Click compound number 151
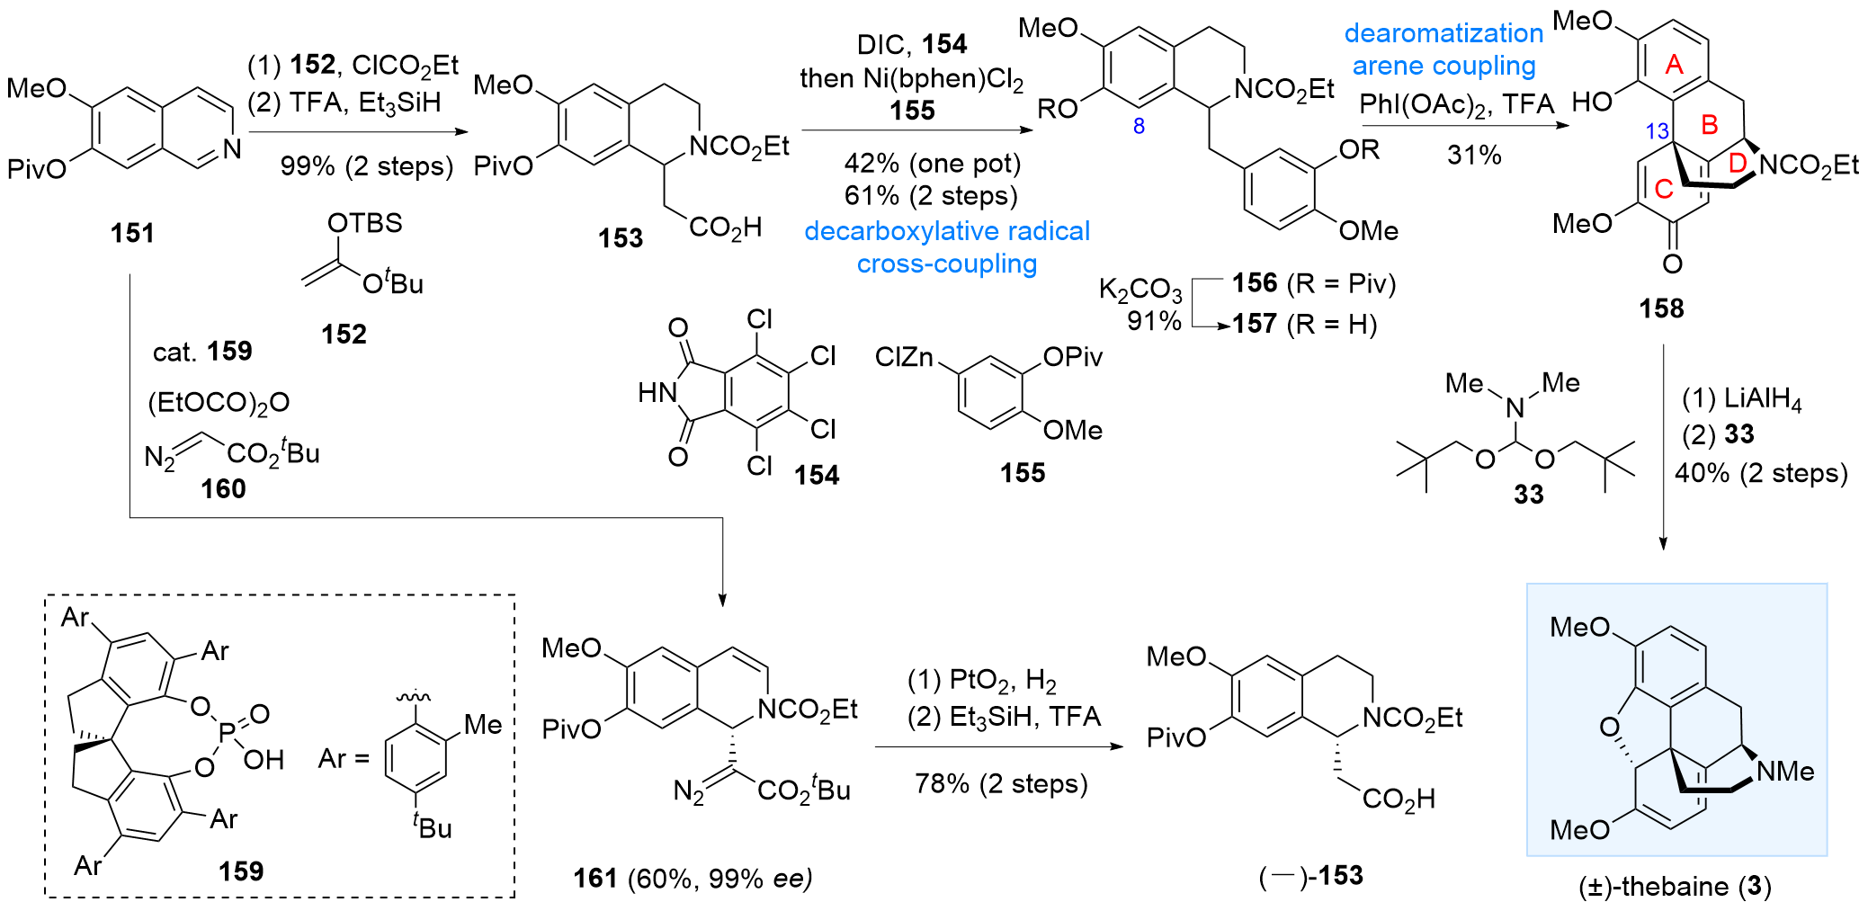132,233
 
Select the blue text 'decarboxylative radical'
946,231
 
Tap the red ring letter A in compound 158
1674,64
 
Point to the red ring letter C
1664,189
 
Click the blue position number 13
1657,131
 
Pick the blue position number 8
1139,126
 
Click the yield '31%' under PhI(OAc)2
1474,155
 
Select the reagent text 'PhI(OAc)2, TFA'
1456,104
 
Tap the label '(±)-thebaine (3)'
1675,886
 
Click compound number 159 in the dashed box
241,871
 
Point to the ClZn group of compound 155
904,358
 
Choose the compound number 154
817,474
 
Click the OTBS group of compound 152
364,223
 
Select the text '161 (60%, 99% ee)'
693,878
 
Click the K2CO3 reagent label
1140,290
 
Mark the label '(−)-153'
1310,875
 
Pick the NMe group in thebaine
1784,771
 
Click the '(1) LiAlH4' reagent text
1741,397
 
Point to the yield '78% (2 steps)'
1001,783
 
